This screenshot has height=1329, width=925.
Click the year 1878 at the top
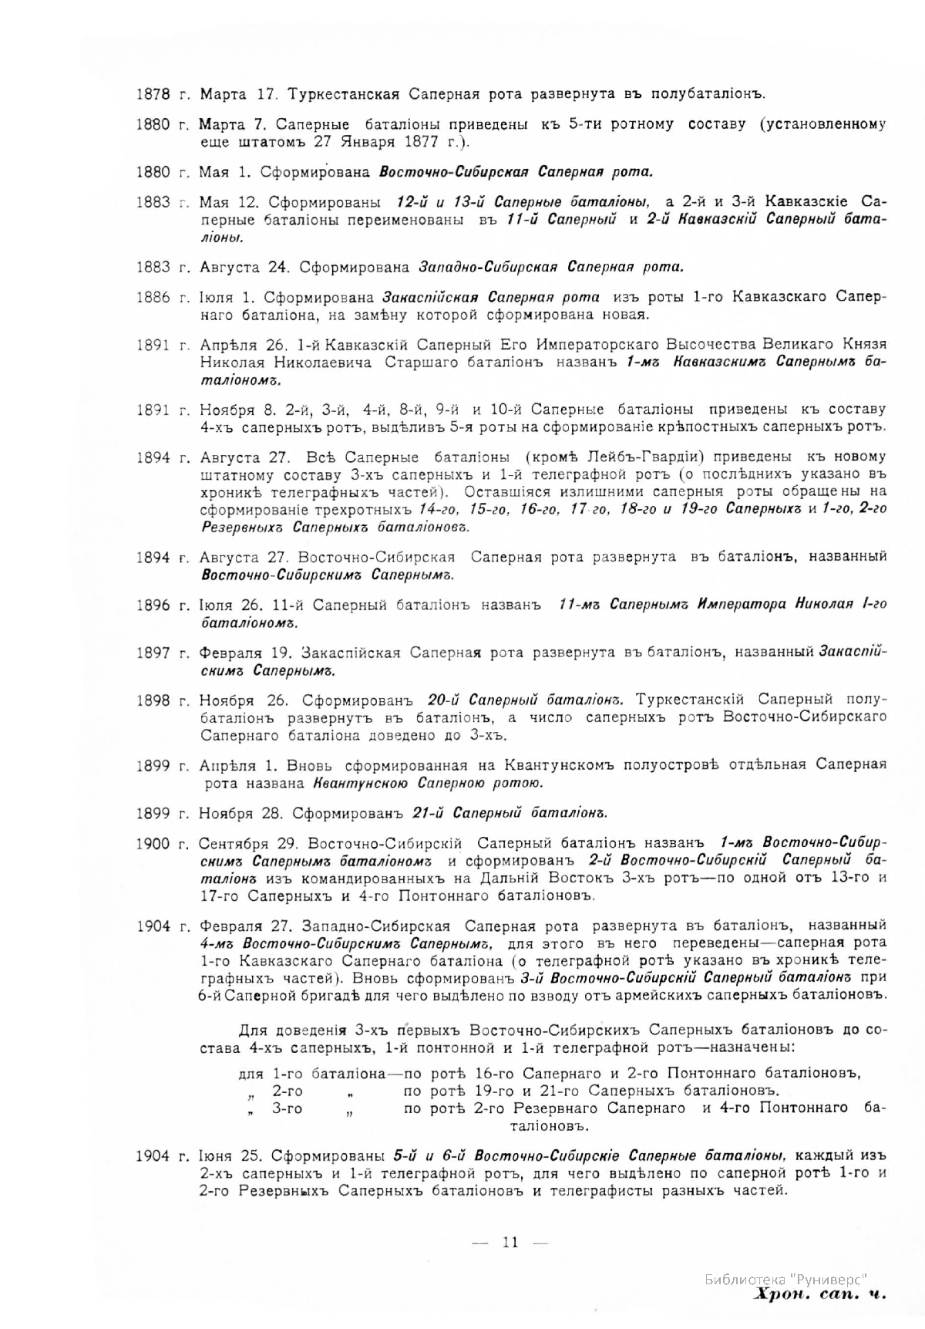pyautogui.click(x=152, y=94)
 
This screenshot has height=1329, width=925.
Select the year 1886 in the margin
pyautogui.click(x=152, y=298)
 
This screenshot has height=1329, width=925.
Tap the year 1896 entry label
pyautogui.click(x=152, y=605)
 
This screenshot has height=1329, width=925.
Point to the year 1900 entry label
pyautogui.click(x=152, y=843)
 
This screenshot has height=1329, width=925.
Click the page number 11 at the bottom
pyautogui.click(x=510, y=1242)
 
